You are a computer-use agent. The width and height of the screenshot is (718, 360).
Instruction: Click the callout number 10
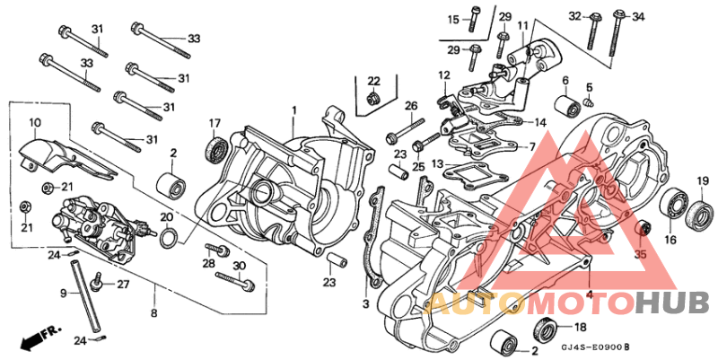coord(35,122)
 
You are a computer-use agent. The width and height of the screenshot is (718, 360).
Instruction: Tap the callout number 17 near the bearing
coord(215,123)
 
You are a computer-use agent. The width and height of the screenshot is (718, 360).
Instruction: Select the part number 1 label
coord(293,110)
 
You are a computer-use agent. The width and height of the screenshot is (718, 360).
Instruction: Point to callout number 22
coord(373,81)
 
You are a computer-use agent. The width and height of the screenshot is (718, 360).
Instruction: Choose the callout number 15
coord(453,19)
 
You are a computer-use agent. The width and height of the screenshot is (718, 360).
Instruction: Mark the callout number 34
coord(639,16)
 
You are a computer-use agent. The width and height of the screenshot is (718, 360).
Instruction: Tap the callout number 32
coord(574,16)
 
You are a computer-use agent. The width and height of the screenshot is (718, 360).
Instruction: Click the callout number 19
coord(704,182)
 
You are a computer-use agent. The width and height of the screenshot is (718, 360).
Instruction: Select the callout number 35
coord(640,255)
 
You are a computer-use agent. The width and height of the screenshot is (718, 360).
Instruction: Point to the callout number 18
coord(579,327)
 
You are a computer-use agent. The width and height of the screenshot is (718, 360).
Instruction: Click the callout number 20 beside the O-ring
coord(166,217)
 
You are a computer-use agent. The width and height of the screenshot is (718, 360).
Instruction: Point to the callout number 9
coord(64,294)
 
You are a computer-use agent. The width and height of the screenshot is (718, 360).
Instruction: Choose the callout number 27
coord(123,285)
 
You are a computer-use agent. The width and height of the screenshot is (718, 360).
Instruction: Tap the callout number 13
coord(437,164)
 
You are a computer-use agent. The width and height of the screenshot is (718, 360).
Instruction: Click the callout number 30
coord(239,266)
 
